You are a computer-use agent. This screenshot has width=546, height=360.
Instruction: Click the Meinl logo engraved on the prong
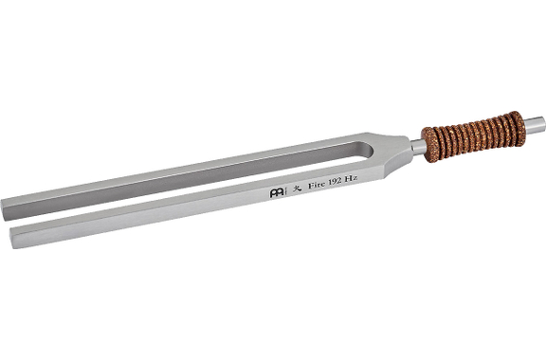[277, 193]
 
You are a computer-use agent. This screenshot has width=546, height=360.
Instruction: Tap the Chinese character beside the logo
[297, 189]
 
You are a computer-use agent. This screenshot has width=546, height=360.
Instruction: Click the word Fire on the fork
[317, 185]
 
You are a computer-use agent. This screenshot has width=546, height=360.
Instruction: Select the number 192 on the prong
[335, 181]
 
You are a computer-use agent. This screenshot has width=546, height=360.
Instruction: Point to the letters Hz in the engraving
[351, 178]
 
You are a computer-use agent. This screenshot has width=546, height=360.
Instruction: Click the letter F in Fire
[311, 186]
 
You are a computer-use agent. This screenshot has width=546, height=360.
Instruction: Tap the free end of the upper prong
[4, 210]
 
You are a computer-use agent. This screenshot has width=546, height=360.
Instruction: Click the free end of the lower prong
[11, 238]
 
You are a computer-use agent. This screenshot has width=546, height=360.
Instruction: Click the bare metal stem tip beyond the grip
[535, 126]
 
